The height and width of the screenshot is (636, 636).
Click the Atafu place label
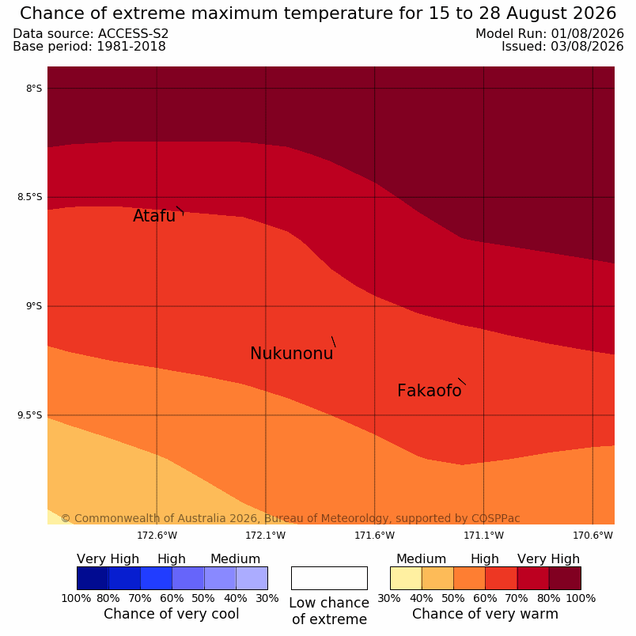point(154,216)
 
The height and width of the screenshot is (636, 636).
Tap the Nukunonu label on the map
point(292,354)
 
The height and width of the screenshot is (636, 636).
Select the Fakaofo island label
point(429,391)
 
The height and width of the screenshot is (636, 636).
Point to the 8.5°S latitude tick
point(29,197)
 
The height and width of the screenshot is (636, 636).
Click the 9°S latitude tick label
point(34,306)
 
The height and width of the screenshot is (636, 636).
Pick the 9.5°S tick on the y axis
point(29,415)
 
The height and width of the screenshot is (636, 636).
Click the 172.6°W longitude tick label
point(157,536)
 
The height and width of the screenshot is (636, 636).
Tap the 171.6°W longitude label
point(375,536)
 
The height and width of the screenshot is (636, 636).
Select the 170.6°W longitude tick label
point(592,536)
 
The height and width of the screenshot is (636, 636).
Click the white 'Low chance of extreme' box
point(329,578)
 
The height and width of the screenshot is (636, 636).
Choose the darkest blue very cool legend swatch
point(93,578)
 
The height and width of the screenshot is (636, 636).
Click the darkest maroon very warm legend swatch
point(565,578)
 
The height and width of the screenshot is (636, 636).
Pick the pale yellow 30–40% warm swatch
point(406,578)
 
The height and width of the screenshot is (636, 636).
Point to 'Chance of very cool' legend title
point(172,614)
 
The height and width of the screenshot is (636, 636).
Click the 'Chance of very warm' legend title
point(485,614)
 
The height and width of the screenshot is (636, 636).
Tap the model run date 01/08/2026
point(587,34)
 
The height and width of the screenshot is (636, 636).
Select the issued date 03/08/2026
point(587,46)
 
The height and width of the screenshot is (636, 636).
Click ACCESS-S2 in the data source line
point(134,34)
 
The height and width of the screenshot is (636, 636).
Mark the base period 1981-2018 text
point(131,46)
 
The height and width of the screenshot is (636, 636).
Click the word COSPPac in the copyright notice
point(496,518)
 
